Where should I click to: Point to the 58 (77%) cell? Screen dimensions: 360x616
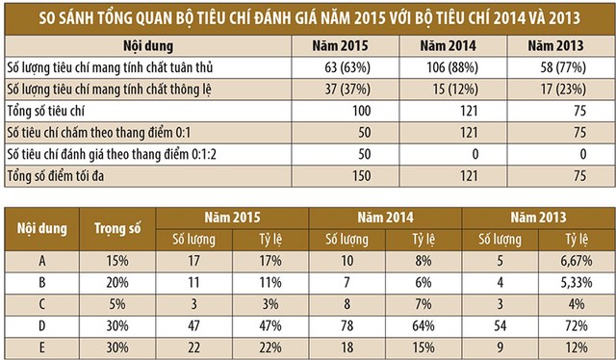562,68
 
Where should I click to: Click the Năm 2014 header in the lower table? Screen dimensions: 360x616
385,218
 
